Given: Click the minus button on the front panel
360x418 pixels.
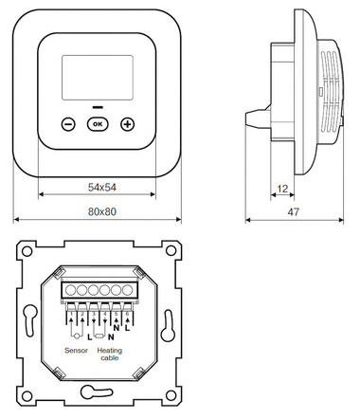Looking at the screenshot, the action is (68, 124).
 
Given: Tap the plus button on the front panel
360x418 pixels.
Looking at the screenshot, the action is (128, 124).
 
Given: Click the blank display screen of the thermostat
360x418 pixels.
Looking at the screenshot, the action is (98, 78).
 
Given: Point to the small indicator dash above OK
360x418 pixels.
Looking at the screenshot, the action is (98, 107).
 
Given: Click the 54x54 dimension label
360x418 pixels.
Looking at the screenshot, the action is (102, 188).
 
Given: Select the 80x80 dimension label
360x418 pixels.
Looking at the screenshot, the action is (102, 211).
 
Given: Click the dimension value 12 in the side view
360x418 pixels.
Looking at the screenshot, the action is (282, 189).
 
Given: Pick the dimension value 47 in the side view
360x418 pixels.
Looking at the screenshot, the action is (293, 212).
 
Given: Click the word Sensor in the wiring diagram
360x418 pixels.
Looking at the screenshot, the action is (76, 351).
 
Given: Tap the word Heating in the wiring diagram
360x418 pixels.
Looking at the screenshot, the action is (110, 351).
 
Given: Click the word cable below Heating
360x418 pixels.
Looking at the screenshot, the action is (110, 358).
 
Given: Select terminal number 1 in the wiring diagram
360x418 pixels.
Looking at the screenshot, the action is (72, 314).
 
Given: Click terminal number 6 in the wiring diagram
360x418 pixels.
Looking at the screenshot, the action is (127, 314).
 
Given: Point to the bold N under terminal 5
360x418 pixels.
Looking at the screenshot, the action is (117, 328).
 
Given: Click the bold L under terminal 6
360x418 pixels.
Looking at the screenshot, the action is (127, 328).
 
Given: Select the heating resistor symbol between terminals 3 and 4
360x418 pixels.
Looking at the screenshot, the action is (99, 336).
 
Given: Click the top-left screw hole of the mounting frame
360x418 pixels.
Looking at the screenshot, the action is (27, 251).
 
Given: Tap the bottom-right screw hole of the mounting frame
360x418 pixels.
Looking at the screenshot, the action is (171, 395).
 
